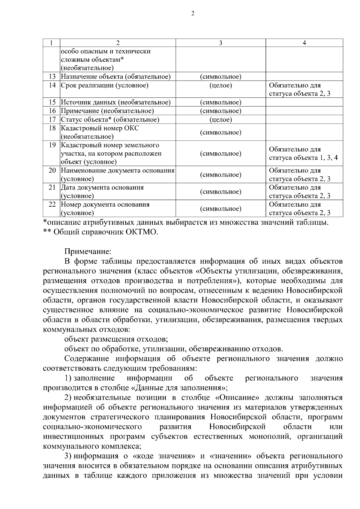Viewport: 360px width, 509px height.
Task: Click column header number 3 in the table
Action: pos(220,43)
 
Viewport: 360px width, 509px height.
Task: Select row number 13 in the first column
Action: pos(52,76)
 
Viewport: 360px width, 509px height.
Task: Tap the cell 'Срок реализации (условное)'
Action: pos(105,85)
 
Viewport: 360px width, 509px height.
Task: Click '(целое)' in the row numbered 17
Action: pos(220,120)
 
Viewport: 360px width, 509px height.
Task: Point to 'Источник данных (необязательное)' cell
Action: pos(116,102)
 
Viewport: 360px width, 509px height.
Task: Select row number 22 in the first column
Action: pos(52,205)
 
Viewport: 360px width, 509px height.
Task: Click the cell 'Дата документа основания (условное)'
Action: pos(102,192)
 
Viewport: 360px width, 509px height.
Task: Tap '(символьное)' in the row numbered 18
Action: pos(220,132)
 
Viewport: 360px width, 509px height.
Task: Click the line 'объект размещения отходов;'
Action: pos(116,339)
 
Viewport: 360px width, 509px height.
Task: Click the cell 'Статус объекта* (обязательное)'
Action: pos(110,120)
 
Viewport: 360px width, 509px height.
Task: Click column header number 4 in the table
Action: pos(304,43)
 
